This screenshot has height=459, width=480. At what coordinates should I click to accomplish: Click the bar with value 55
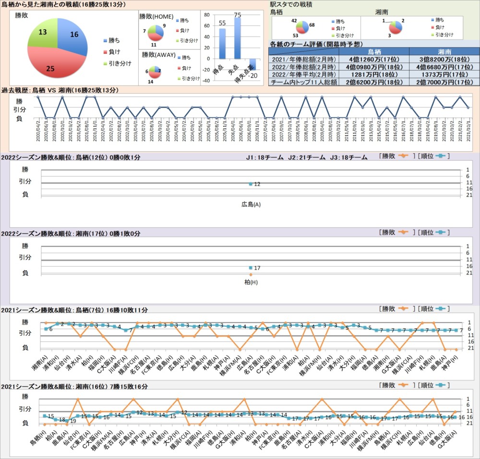(x=222, y=43)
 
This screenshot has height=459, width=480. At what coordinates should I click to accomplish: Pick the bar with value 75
(x=238, y=38)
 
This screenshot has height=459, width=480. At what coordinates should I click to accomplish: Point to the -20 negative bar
(x=252, y=64)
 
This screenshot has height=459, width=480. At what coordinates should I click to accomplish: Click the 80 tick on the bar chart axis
(x=207, y=14)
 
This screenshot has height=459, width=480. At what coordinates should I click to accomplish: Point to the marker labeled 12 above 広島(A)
(x=251, y=184)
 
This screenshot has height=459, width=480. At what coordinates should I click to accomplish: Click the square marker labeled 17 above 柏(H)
(x=251, y=268)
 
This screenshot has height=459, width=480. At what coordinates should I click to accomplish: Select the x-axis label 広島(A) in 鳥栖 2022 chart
(x=251, y=205)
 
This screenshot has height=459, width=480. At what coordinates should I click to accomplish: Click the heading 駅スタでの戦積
(x=291, y=4)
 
